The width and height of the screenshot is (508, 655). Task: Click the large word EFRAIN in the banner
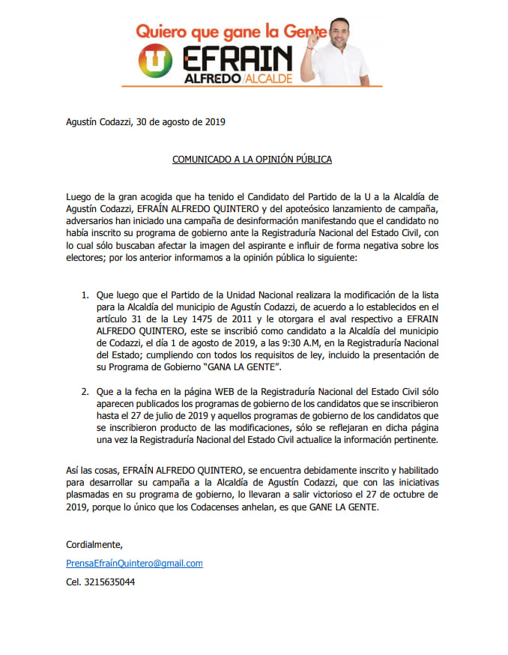(x=232, y=58)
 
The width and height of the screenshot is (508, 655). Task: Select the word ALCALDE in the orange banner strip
(x=267, y=78)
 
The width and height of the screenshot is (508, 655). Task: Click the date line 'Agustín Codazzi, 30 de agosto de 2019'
(x=145, y=121)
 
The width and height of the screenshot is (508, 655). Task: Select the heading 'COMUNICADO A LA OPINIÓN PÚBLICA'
(x=252, y=160)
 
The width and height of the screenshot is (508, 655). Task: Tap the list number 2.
(x=84, y=390)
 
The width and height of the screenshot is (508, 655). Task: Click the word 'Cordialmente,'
(x=94, y=544)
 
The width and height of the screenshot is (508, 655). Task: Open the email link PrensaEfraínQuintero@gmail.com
(x=134, y=563)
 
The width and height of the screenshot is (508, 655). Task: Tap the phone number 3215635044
(x=100, y=582)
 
